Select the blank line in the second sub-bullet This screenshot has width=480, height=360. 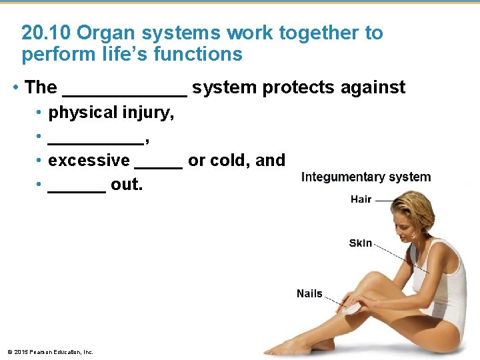pos(96,139)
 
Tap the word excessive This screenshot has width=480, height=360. pos(89,161)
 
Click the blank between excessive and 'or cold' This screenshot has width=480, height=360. pos(159,164)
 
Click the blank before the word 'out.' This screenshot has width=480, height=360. pos(77,188)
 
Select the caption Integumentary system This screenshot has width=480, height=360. pos(366,177)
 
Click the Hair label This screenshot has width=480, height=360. pos(361,199)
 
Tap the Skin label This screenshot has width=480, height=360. pos(361,243)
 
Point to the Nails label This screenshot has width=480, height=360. pos(309,293)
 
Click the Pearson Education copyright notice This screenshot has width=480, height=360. pos(50,352)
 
